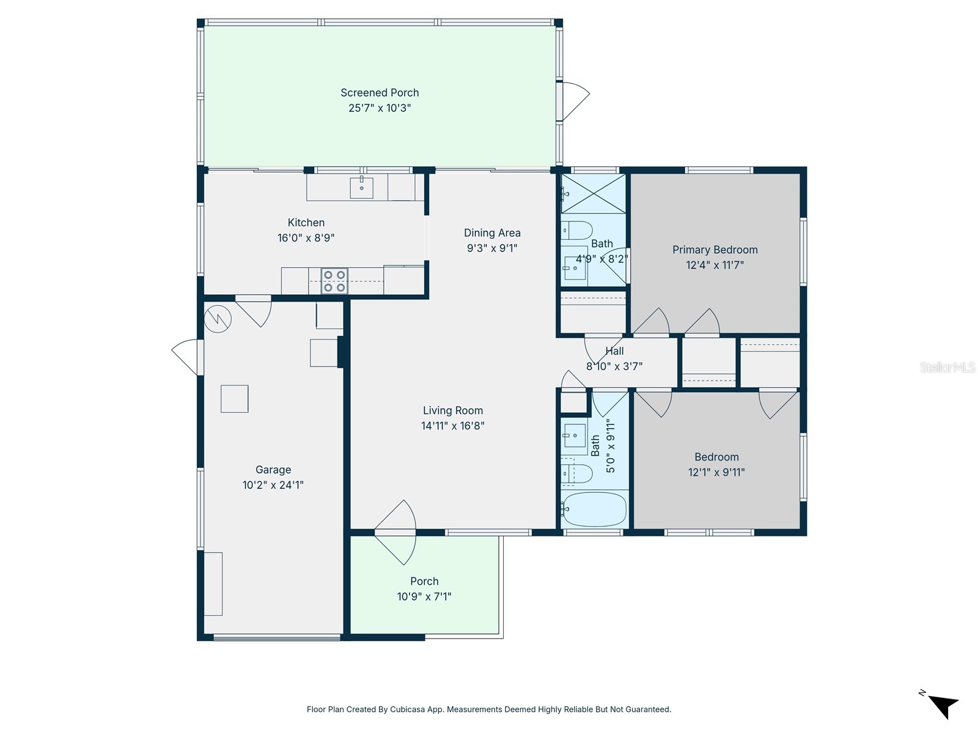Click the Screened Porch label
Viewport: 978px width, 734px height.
(x=380, y=93)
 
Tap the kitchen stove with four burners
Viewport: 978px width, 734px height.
(x=334, y=281)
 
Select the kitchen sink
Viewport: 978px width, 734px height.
(x=361, y=188)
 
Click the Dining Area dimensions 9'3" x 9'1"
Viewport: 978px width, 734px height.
(x=492, y=248)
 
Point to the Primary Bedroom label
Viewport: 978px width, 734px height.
(x=715, y=250)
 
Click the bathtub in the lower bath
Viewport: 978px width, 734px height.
(x=594, y=510)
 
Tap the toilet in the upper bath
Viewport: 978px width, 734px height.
(x=576, y=231)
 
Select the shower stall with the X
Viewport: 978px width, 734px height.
(x=594, y=194)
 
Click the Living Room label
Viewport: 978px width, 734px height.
(x=453, y=411)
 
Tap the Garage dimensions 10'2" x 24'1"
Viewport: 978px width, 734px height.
(x=273, y=485)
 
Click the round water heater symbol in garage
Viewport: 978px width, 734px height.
(x=218, y=317)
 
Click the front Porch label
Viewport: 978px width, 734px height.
(x=424, y=582)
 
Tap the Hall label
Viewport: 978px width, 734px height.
(x=614, y=351)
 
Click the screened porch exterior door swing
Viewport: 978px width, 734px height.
(x=575, y=101)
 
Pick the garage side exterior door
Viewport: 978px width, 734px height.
(x=186, y=357)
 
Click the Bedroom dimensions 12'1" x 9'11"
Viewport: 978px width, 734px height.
(x=716, y=472)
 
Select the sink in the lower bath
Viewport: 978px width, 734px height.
(x=575, y=436)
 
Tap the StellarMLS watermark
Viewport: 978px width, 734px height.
(x=947, y=368)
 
